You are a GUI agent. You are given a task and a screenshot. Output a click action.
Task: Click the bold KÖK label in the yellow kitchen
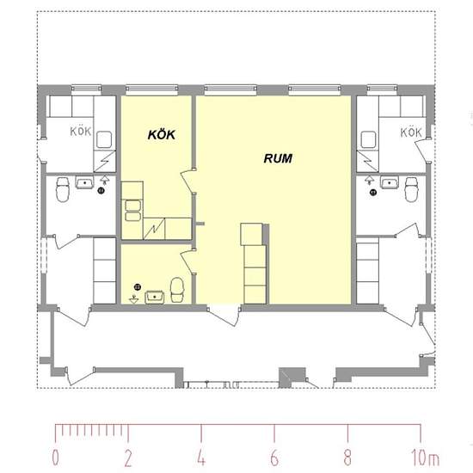[x=162, y=134]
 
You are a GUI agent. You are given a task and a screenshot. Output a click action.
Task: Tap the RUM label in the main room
[x=278, y=158]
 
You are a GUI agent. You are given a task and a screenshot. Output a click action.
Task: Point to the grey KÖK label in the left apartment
[x=81, y=132]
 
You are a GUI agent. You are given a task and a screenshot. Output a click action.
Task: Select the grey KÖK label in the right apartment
[x=411, y=132]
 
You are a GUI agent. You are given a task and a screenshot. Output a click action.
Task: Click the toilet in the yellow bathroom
[x=177, y=290]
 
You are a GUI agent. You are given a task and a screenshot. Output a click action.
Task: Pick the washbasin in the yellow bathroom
[x=155, y=297]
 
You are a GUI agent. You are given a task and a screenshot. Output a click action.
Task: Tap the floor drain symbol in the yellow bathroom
[x=138, y=287]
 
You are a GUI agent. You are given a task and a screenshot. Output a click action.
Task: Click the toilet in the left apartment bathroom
[x=63, y=189]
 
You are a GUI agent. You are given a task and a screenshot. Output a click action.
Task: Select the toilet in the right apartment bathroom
[x=411, y=189]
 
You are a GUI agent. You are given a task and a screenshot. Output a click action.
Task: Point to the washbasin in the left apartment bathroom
[x=84, y=182]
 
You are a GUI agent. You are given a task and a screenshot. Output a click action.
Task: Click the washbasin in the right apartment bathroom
[x=390, y=182]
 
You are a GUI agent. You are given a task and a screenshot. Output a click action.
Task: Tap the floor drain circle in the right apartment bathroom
[x=373, y=192]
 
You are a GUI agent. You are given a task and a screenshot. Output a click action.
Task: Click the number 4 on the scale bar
[x=201, y=458]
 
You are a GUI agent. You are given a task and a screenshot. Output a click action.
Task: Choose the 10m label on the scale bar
[x=425, y=458]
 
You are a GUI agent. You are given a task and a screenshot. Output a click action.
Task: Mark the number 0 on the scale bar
[x=56, y=458]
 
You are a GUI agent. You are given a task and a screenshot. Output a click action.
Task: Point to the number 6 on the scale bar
[x=274, y=458]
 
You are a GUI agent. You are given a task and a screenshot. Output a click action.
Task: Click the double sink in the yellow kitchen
[x=132, y=211]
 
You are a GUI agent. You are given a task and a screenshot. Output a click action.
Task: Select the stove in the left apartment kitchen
[x=104, y=139]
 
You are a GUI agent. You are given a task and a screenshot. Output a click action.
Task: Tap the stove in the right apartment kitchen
[x=368, y=139]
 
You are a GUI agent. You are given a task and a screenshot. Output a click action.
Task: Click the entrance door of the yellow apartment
[x=224, y=316]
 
